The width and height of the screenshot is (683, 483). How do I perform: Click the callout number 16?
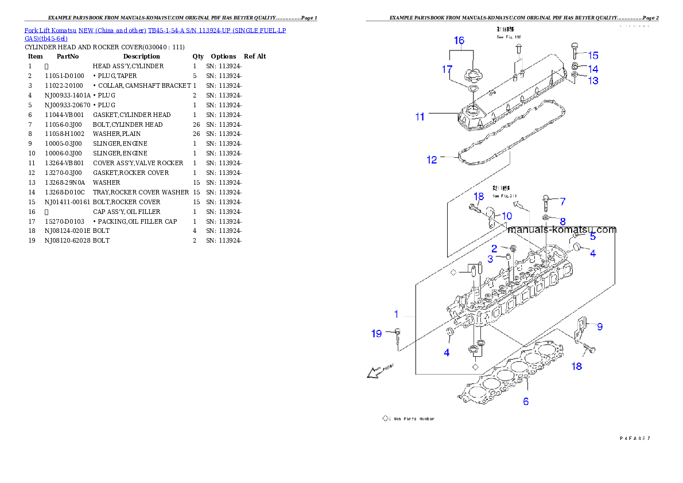click(x=459, y=41)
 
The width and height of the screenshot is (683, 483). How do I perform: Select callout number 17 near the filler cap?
click(x=447, y=69)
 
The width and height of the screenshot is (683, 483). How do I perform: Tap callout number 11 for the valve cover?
click(x=420, y=117)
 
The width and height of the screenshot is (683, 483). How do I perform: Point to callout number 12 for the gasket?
click(x=432, y=160)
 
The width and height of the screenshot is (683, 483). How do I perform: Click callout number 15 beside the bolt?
click(x=593, y=56)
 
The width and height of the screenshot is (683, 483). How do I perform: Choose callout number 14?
click(x=593, y=68)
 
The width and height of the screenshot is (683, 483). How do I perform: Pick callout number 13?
click(x=593, y=81)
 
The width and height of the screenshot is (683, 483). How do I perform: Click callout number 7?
click(x=562, y=201)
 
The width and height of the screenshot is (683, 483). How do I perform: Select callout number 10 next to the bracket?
click(x=507, y=216)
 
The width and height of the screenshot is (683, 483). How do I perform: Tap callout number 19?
click(x=377, y=333)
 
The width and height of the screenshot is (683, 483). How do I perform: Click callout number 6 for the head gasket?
click(x=526, y=402)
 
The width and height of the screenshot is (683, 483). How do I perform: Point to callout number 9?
click(x=599, y=326)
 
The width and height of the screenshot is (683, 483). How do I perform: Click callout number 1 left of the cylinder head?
click(x=396, y=314)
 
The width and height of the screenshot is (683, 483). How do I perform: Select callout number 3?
click(x=490, y=259)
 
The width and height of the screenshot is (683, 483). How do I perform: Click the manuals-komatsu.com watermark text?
click(x=561, y=229)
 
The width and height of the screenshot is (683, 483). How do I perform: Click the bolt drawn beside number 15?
click(x=575, y=52)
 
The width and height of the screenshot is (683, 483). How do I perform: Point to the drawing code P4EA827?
click(x=634, y=438)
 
